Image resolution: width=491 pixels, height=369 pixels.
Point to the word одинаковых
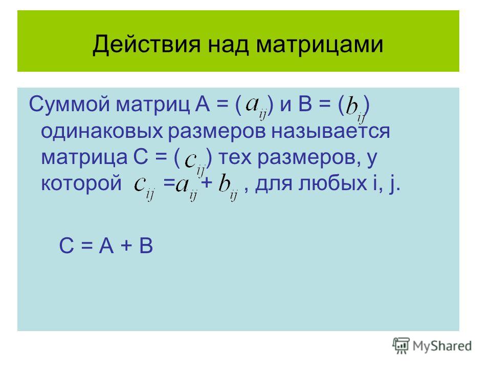coord(102,131)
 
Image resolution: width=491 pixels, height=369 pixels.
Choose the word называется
coord(331,131)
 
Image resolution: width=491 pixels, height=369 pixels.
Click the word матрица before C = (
coord(84,157)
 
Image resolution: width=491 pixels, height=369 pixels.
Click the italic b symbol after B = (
coord(352,106)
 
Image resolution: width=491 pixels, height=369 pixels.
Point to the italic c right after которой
coord(139,184)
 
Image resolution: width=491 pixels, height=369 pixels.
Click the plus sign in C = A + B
coord(126,246)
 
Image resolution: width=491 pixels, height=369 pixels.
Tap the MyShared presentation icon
coord(401,346)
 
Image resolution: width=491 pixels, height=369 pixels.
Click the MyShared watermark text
coord(442,346)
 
